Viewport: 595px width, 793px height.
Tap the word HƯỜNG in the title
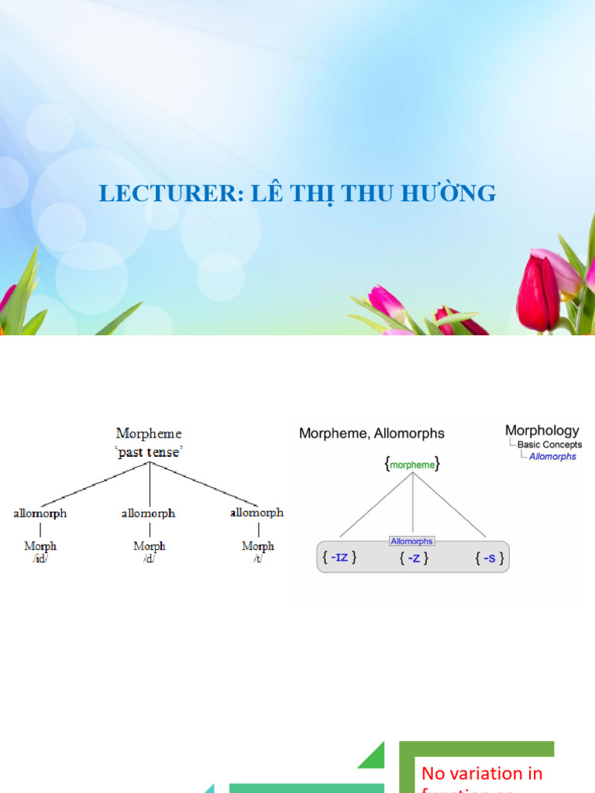(x=457, y=194)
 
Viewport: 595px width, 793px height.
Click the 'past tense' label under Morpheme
(x=149, y=452)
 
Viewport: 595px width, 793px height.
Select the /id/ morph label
(x=40, y=558)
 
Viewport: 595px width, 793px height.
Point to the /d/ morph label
(x=149, y=558)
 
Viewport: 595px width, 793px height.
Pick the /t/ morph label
(x=257, y=558)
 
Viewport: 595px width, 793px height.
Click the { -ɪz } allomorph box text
(x=338, y=558)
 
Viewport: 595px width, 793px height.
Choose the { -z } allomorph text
(x=414, y=558)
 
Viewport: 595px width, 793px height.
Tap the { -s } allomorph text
(x=489, y=558)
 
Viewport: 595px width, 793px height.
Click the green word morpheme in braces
(x=412, y=465)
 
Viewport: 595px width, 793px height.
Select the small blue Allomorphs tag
(x=412, y=541)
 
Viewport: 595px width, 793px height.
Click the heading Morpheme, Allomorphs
(x=372, y=434)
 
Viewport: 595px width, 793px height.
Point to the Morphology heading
(x=542, y=431)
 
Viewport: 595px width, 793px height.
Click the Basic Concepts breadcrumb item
(x=549, y=445)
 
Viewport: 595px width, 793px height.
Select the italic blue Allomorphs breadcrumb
(x=552, y=457)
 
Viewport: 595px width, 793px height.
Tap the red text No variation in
(x=481, y=773)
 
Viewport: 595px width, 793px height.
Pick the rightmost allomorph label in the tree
(x=257, y=513)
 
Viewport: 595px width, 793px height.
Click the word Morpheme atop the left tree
(x=149, y=434)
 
